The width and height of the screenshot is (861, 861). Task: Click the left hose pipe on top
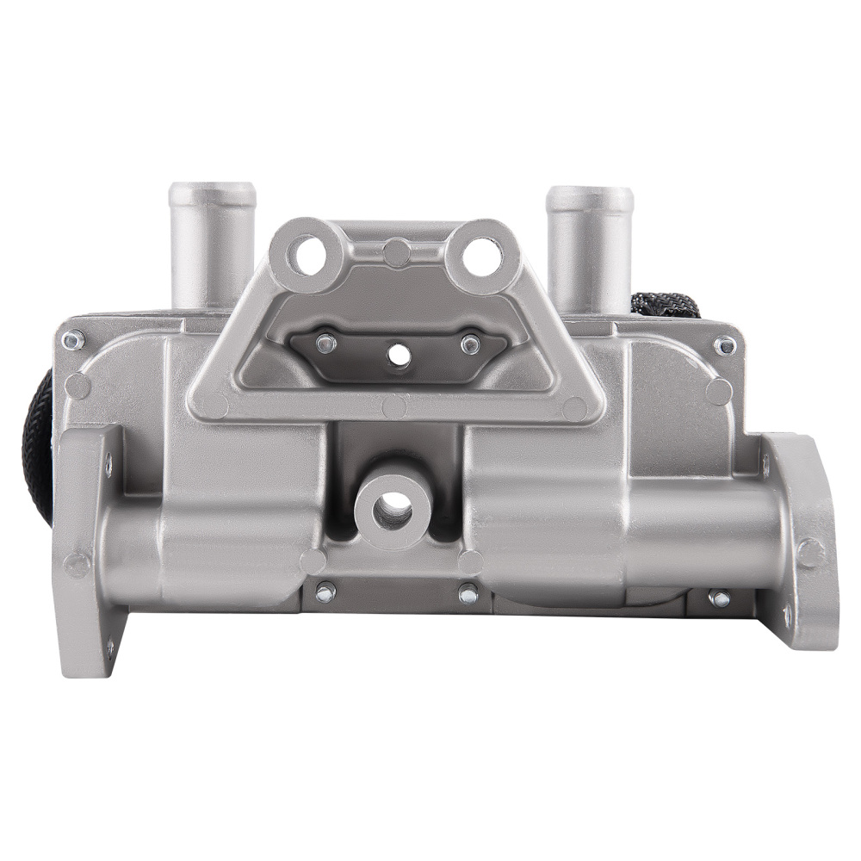click(212, 241)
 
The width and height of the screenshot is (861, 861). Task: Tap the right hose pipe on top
click(590, 245)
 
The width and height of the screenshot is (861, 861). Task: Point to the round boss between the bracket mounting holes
click(397, 253)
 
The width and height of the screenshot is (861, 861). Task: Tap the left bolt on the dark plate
click(325, 344)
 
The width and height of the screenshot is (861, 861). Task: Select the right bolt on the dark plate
click(469, 344)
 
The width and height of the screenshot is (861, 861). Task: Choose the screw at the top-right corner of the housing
click(725, 345)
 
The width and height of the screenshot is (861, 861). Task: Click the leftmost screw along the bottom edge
click(325, 592)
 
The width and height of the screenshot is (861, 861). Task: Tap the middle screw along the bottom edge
click(468, 593)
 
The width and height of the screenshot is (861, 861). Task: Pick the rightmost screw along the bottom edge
click(719, 598)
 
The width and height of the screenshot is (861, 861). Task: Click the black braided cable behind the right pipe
click(663, 304)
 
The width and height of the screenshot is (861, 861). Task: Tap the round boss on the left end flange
click(77, 564)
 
